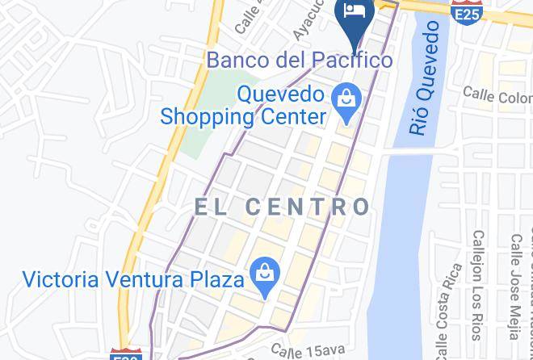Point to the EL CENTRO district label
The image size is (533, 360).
pos(282,207)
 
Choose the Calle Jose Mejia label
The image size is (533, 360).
pos(514,287)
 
